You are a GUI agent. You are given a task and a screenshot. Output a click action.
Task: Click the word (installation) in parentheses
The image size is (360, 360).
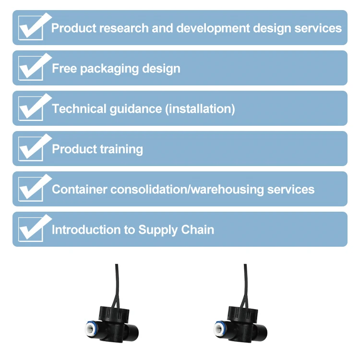[x=200, y=109]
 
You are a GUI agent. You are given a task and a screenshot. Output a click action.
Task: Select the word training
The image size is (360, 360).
[x=120, y=149]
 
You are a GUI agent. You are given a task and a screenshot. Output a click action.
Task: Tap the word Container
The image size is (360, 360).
[x=79, y=190]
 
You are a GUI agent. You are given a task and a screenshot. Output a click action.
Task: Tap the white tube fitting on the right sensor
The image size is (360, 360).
[x=217, y=330]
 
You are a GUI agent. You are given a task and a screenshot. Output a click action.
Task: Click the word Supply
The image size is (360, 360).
[x=158, y=230]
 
